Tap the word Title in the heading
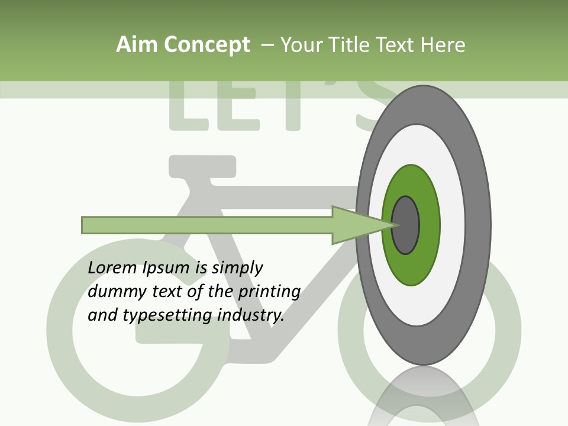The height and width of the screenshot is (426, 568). pyautogui.click(x=349, y=45)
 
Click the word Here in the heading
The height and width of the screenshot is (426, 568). pyautogui.click(x=443, y=45)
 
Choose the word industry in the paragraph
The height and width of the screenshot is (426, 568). pyautogui.click(x=251, y=315)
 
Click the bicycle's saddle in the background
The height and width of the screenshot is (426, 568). pyautogui.click(x=202, y=166)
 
